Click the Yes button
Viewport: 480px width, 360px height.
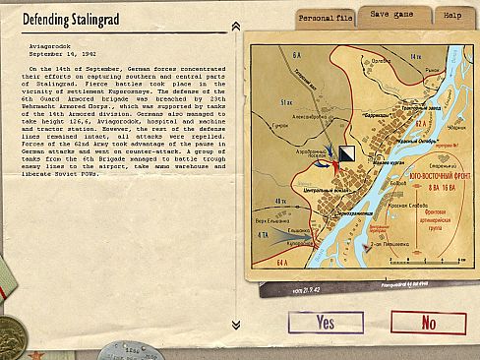326,323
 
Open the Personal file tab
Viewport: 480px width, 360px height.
325,18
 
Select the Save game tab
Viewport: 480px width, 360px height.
391,16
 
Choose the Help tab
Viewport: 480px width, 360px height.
450,17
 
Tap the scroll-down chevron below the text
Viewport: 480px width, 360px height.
236,325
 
